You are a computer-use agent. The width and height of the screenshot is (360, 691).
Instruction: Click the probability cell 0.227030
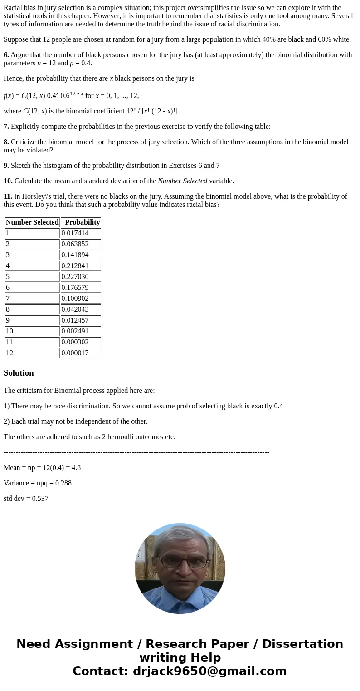[x=75, y=277]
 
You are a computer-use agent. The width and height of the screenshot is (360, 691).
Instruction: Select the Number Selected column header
[x=32, y=222]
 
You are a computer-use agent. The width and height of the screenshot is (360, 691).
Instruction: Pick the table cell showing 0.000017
[x=75, y=353]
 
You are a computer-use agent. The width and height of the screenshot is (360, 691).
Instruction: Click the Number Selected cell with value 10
[x=10, y=331]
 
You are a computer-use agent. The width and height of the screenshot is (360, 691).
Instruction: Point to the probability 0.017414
[x=75, y=233]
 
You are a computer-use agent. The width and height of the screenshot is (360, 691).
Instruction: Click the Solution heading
[x=19, y=373]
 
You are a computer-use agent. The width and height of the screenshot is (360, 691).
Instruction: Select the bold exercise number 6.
[x=6, y=55]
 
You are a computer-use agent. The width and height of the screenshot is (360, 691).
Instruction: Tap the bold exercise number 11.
[x=8, y=196]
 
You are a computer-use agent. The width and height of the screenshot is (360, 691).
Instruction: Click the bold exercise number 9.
[x=6, y=166]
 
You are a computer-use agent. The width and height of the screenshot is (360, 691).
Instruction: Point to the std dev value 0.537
[x=40, y=499]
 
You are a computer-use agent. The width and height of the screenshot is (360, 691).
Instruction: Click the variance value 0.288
[x=63, y=483]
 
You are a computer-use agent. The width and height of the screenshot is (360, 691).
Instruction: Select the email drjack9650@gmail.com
[x=209, y=671]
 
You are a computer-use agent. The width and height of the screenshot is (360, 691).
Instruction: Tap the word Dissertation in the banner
[x=302, y=644]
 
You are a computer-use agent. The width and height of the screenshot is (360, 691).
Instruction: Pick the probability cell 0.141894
[x=75, y=255]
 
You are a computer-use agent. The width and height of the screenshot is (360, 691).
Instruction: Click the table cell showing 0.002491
[x=75, y=331]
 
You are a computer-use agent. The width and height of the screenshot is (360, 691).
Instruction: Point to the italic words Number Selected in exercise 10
[x=182, y=181]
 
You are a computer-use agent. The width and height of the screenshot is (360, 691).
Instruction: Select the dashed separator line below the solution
[x=136, y=452]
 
